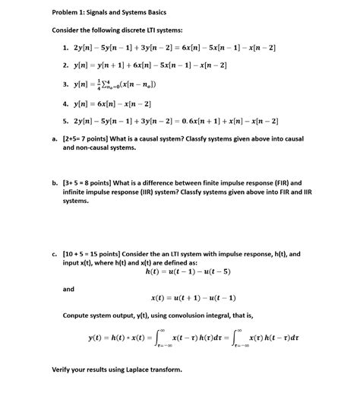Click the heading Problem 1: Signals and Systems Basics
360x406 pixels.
pos(109,13)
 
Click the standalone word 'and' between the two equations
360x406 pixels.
pos(69,289)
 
